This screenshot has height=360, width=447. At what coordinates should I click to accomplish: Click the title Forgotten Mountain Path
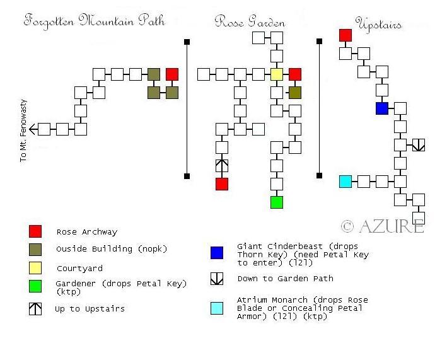point(94,21)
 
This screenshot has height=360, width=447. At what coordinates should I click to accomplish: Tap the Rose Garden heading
point(250,22)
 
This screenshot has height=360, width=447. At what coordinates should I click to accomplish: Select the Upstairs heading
point(379,25)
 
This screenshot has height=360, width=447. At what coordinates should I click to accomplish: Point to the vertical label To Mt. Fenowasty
point(24,130)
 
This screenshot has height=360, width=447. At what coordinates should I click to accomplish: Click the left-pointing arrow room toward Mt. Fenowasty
point(44,129)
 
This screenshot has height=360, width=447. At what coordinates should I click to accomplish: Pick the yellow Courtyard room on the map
point(277,74)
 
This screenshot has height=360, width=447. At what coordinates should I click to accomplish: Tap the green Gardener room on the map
point(277,202)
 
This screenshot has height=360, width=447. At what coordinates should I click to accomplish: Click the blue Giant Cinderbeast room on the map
point(381,108)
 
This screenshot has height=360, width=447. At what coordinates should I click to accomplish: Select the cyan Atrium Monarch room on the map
point(345,182)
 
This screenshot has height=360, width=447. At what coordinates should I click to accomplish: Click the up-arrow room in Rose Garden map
point(221,166)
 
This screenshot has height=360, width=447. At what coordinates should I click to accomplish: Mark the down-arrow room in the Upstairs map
point(419,145)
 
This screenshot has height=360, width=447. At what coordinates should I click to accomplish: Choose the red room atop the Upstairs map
point(345,35)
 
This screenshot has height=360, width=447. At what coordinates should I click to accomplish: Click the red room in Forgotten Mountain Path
point(172,74)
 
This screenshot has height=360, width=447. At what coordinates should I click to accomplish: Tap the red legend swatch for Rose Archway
point(35,231)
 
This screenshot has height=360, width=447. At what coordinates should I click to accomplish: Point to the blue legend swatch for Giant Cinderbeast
point(216,253)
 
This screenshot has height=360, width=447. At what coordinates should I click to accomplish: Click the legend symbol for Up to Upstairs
point(35,309)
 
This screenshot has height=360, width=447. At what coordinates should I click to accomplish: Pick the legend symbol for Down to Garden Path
point(216,279)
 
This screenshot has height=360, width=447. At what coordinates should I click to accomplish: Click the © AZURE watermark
point(381,226)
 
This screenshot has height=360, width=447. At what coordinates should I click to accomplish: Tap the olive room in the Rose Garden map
point(295,93)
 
